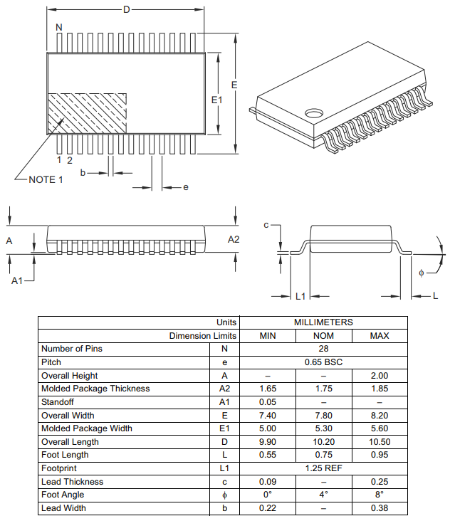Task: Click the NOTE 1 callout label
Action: [46, 179]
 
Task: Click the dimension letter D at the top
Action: [127, 9]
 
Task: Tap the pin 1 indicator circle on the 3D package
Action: [314, 112]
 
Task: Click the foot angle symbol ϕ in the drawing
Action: [421, 273]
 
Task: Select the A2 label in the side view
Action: [234, 239]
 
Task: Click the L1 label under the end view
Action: [300, 296]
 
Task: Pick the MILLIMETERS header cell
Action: [323, 322]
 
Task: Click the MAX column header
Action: [380, 336]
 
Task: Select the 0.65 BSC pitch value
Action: [323, 362]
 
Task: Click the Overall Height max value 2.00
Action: [380, 376]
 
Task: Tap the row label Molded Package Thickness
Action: [95, 389]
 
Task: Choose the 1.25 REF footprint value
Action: [323, 468]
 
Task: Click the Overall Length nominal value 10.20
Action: [323, 442]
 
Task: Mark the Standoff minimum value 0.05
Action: [267, 402]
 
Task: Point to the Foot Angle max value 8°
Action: [380, 495]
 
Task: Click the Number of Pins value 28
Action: [323, 349]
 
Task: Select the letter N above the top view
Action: [59, 27]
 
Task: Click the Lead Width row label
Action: [63, 508]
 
